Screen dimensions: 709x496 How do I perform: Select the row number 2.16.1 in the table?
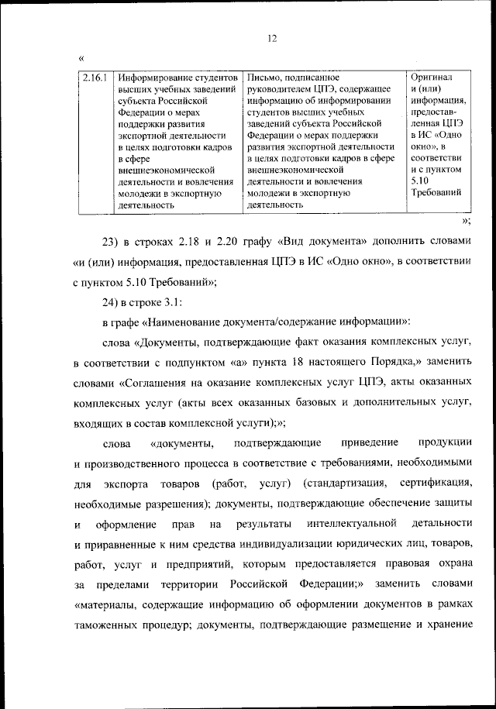click(95, 78)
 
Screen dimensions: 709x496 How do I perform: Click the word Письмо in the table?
click(262, 78)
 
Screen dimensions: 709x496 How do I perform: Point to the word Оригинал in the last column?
click(432, 78)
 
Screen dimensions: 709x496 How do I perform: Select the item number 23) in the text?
click(114, 242)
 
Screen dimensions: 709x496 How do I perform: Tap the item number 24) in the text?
click(114, 302)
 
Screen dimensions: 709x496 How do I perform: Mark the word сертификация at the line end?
click(436, 484)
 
